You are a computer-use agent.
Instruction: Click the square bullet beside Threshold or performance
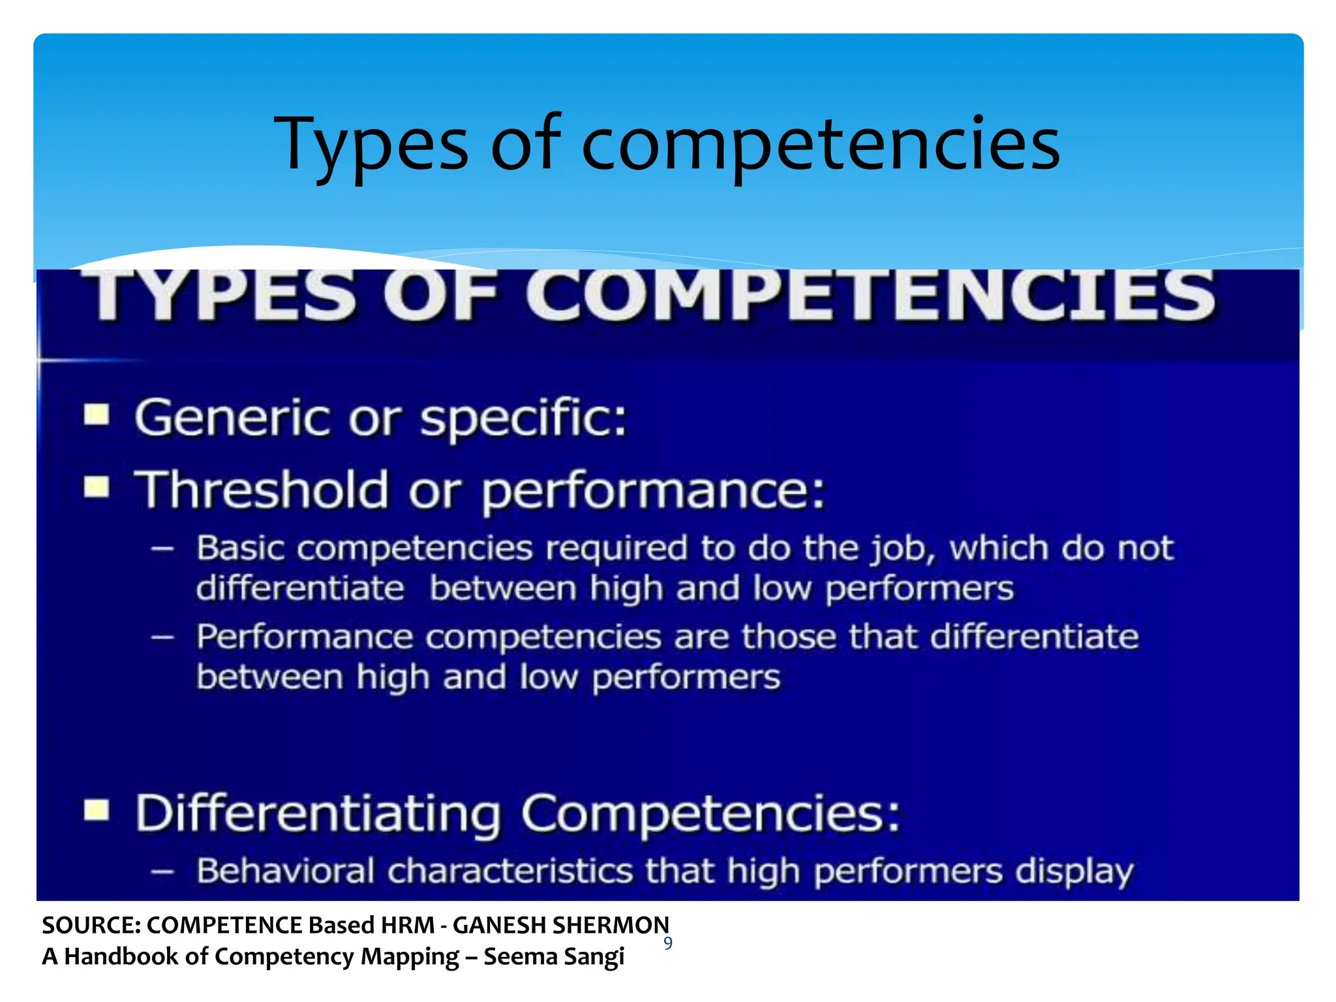(97, 487)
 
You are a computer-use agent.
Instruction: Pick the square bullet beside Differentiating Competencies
(97, 811)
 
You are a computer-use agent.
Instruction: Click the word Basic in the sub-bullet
(241, 548)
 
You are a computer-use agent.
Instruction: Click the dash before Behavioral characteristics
(162, 872)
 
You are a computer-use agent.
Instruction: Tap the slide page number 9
(667, 943)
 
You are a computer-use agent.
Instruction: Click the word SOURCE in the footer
(91, 925)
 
